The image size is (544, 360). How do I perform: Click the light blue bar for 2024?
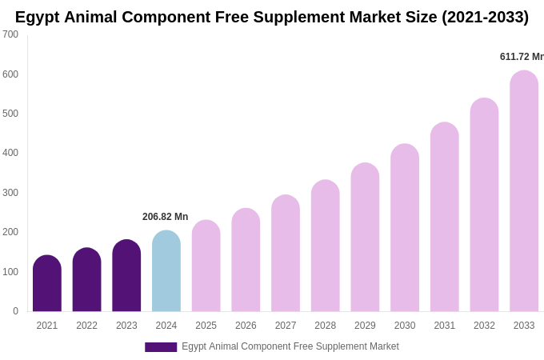point(166,271)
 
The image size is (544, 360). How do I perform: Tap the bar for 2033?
point(524,191)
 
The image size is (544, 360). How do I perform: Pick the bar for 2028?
point(326,246)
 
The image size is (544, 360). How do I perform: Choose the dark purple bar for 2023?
point(126,275)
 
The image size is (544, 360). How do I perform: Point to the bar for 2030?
point(405,228)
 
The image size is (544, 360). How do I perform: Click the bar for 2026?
point(246,260)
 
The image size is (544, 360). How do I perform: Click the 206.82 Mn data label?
point(165,217)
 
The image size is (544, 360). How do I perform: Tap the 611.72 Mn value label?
point(522,57)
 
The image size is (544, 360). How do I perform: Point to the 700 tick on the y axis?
point(10,34)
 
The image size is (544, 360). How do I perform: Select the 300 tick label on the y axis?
point(10,193)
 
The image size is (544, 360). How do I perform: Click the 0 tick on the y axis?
point(15,311)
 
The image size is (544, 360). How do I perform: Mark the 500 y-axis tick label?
point(10,114)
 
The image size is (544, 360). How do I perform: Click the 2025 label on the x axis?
point(206,326)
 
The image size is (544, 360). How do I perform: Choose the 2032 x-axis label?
point(484,326)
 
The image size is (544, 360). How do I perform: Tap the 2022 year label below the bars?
point(86,326)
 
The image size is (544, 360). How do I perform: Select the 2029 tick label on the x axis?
point(365,326)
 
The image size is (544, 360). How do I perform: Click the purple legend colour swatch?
point(161,347)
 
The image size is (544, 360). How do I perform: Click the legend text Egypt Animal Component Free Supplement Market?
point(290,346)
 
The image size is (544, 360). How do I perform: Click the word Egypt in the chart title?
point(38,17)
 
